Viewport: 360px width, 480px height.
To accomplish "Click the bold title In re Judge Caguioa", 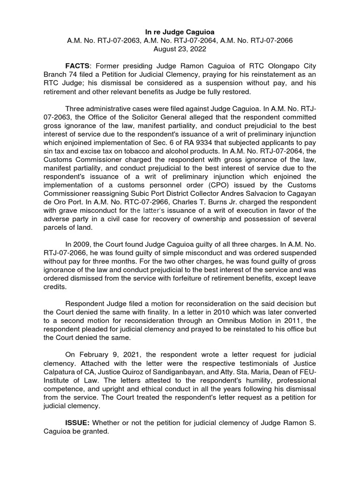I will pos(180,31).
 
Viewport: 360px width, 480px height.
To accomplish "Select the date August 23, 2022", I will pos(180,49).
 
